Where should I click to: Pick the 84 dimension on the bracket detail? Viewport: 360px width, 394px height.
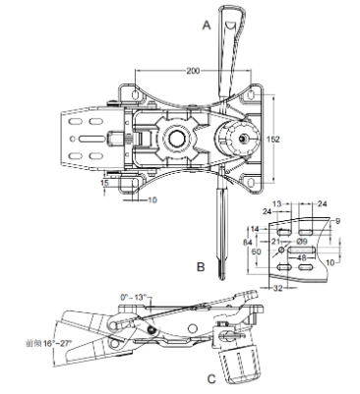(249, 241)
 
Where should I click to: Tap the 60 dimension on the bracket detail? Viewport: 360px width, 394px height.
(259, 252)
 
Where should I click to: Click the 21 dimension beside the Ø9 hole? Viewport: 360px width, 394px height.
(276, 241)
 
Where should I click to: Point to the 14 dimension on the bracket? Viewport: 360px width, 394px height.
(254, 228)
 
